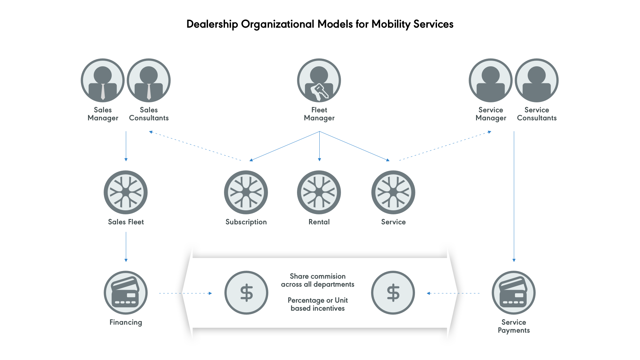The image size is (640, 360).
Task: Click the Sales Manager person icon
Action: point(103,80)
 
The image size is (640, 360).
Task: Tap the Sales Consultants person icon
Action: point(149,80)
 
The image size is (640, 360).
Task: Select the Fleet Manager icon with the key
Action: point(319,80)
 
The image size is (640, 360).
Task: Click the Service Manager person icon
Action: point(491,80)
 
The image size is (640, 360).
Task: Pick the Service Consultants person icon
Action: point(537,80)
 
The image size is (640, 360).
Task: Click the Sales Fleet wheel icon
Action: point(126,192)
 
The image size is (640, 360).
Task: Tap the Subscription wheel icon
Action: point(246,192)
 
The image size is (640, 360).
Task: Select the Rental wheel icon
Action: point(319,192)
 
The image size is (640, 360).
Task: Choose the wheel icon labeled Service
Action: point(393,192)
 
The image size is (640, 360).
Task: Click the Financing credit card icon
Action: point(126,293)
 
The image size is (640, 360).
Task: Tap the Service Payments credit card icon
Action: point(514,293)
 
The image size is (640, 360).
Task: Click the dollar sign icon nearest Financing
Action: point(246,293)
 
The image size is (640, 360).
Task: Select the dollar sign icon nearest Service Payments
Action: point(393,293)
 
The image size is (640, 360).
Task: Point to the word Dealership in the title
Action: point(212,24)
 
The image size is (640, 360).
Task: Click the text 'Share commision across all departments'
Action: point(318,280)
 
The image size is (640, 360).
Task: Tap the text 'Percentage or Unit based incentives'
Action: point(318,304)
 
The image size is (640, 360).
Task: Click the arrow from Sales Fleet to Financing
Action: point(126,247)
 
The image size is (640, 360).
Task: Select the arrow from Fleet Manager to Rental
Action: point(319,147)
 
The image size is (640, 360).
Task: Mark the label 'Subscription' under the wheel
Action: point(246,222)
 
